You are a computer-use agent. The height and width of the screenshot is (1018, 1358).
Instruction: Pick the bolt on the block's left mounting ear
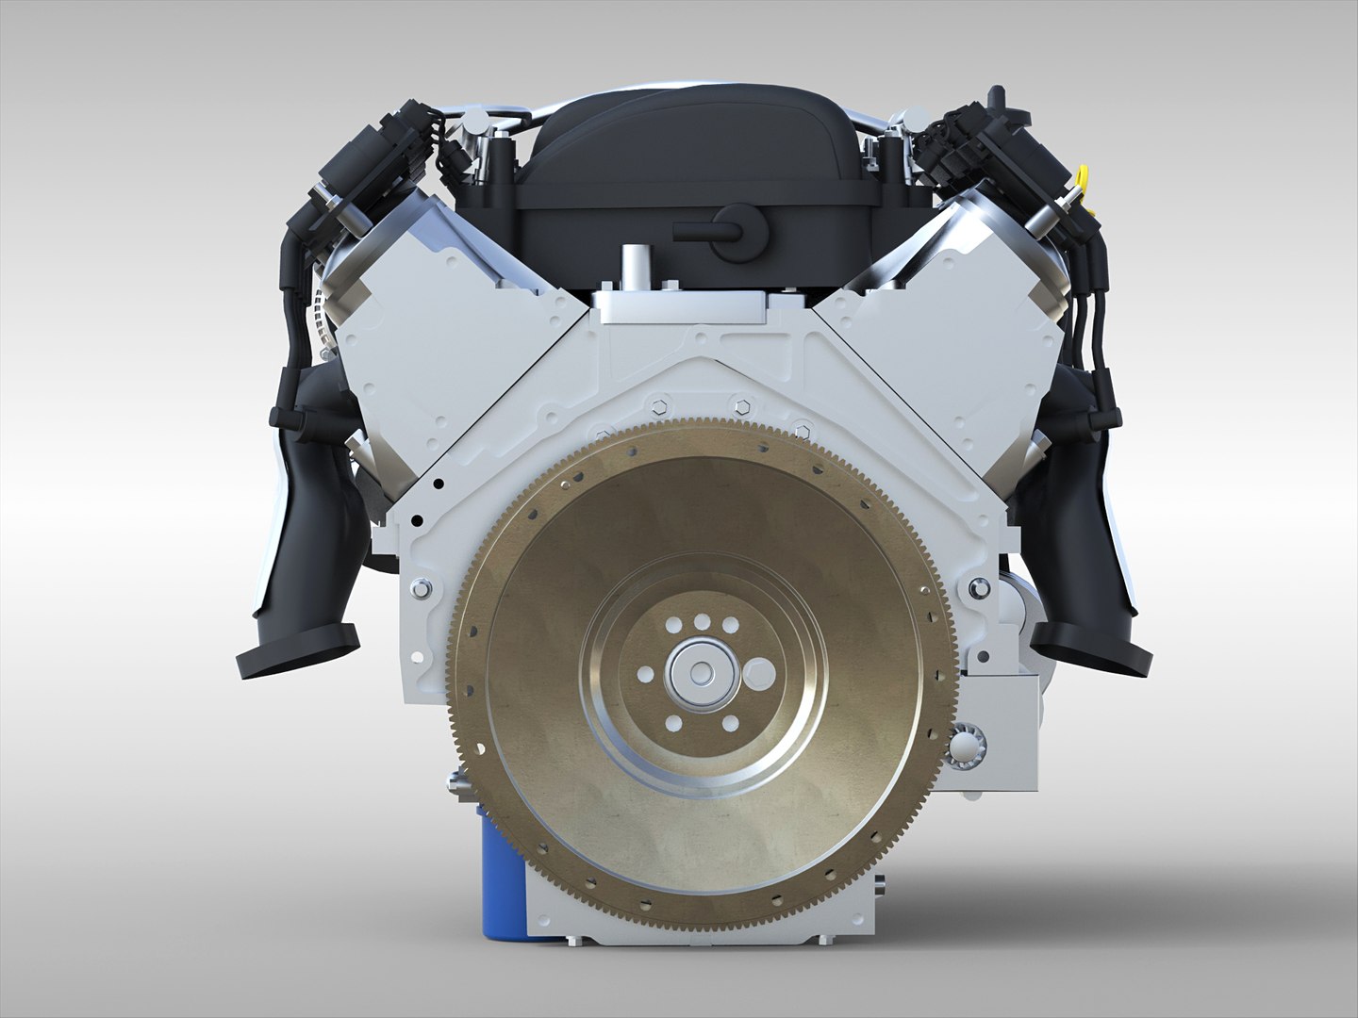pyautogui.click(x=416, y=591)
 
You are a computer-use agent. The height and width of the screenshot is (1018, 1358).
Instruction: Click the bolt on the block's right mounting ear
pyautogui.click(x=976, y=590)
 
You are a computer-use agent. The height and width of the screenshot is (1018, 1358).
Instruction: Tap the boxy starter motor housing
pyautogui.click(x=1000, y=716)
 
